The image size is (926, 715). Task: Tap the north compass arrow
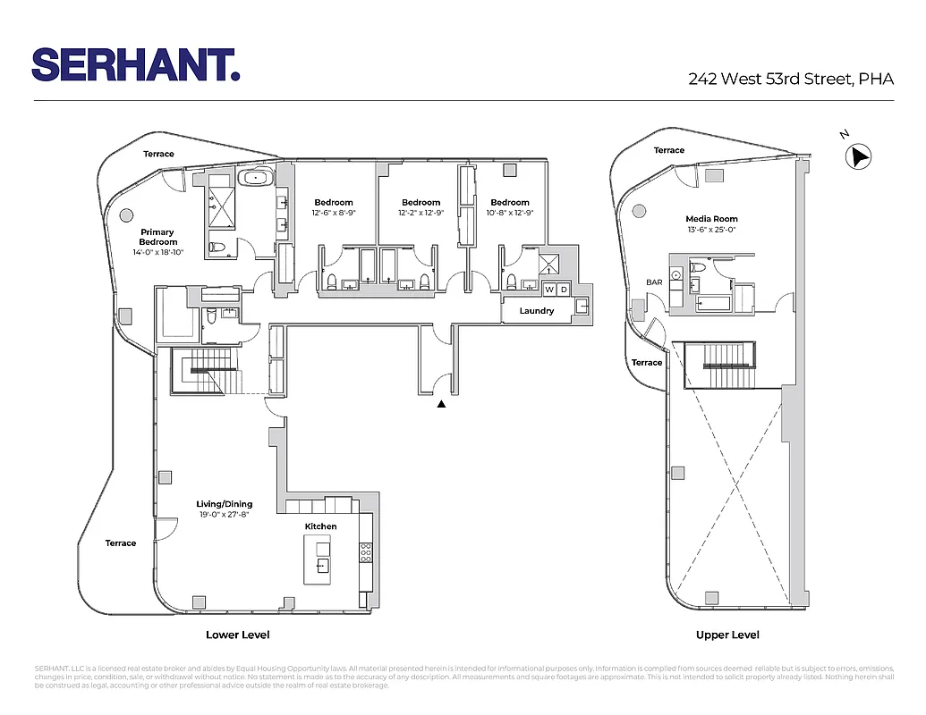click(x=860, y=157)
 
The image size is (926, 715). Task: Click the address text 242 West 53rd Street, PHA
click(x=791, y=79)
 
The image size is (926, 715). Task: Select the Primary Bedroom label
click(x=157, y=237)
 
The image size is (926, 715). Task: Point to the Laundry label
click(x=537, y=311)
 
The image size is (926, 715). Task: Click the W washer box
click(x=550, y=289)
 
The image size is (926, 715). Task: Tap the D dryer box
click(x=564, y=289)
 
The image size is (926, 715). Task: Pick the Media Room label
click(x=711, y=219)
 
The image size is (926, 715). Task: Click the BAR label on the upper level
click(x=654, y=282)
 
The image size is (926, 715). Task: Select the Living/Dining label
click(x=225, y=504)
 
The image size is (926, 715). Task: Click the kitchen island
click(x=322, y=559)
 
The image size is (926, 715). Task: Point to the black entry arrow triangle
click(x=441, y=404)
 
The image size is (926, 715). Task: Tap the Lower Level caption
click(x=237, y=635)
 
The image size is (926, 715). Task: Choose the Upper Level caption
click(x=727, y=635)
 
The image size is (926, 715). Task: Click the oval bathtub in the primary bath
click(x=257, y=178)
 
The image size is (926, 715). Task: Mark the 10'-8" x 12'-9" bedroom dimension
click(x=509, y=213)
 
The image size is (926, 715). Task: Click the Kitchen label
click(x=320, y=526)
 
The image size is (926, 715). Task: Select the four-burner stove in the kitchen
click(x=365, y=552)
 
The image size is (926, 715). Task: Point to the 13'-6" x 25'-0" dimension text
click(x=711, y=230)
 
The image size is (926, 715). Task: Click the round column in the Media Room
click(x=639, y=211)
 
